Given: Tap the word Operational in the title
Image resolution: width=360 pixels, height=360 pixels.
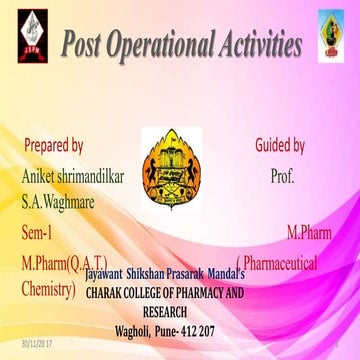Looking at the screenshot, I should point(173,45).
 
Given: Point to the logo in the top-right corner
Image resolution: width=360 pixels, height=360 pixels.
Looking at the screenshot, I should point(332,30).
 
